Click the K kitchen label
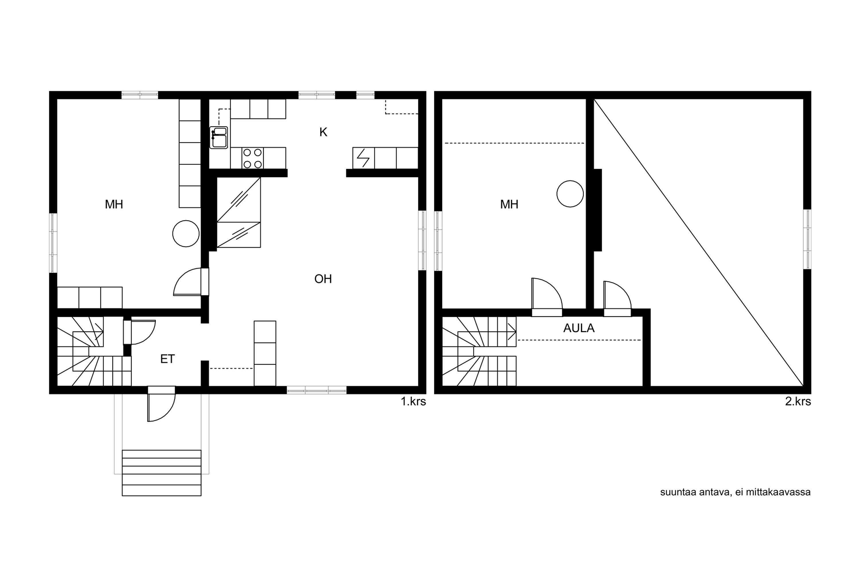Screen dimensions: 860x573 pos(323,132)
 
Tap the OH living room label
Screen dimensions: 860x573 pos(323,279)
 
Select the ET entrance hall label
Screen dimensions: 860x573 pos(167,359)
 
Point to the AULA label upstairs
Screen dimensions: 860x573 pos(579,328)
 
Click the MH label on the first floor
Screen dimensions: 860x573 pos(114,204)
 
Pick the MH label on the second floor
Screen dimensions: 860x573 pos(509,204)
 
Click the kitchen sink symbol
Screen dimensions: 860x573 pos(219,138)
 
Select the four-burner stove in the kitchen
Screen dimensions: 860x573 pos(253,158)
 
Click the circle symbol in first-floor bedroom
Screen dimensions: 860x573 pos(186,233)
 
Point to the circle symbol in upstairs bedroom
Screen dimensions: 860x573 pos(570,194)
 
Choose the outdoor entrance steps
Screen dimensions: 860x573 pos(162,473)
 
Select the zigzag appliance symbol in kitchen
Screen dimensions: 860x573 pos(363,158)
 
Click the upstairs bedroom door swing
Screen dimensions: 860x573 pos(547,293)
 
